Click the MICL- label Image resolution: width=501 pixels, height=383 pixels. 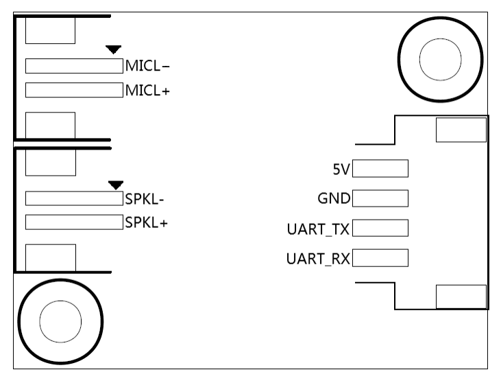tap(147, 67)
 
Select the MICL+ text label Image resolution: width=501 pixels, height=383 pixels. tap(147, 90)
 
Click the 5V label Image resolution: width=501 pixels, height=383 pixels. tap(341, 169)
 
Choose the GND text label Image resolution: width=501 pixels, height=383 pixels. tap(334, 199)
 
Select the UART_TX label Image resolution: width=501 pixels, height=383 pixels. tap(318, 229)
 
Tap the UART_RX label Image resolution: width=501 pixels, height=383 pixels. tap(318, 258)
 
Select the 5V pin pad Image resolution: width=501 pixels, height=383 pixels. tap(380, 169)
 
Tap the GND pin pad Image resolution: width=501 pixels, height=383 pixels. tap(380, 199)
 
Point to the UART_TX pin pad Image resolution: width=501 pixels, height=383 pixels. tap(380, 228)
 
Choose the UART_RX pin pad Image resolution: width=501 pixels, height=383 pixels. tap(380, 258)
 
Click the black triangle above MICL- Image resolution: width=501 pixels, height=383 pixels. tap(114, 49)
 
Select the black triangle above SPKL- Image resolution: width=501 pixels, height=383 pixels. tap(116, 183)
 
